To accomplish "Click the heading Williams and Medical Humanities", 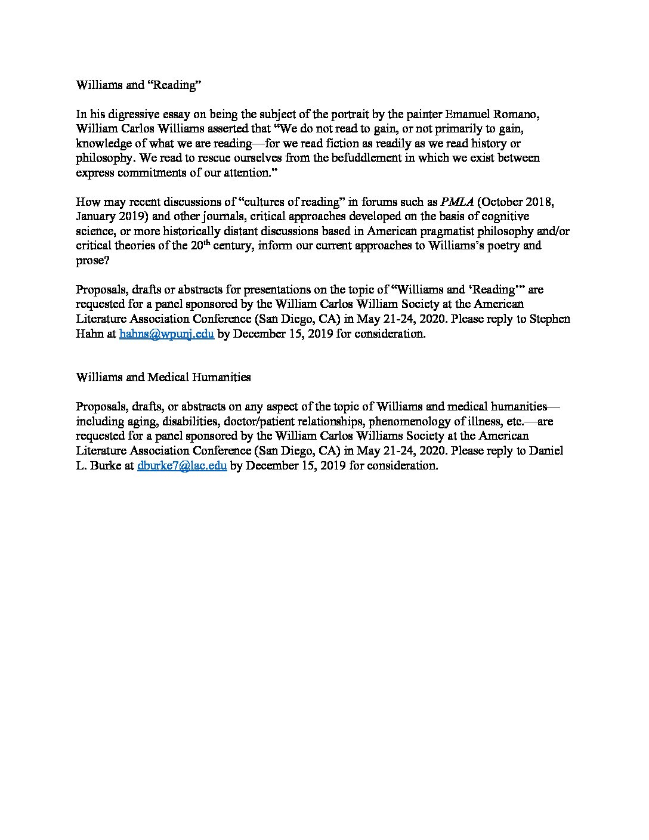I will [x=163, y=377].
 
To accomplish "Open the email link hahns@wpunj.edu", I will [x=166, y=334].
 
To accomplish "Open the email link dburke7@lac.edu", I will [x=181, y=466].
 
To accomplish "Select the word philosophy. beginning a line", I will [x=101, y=158].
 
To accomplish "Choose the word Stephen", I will [x=550, y=319].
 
